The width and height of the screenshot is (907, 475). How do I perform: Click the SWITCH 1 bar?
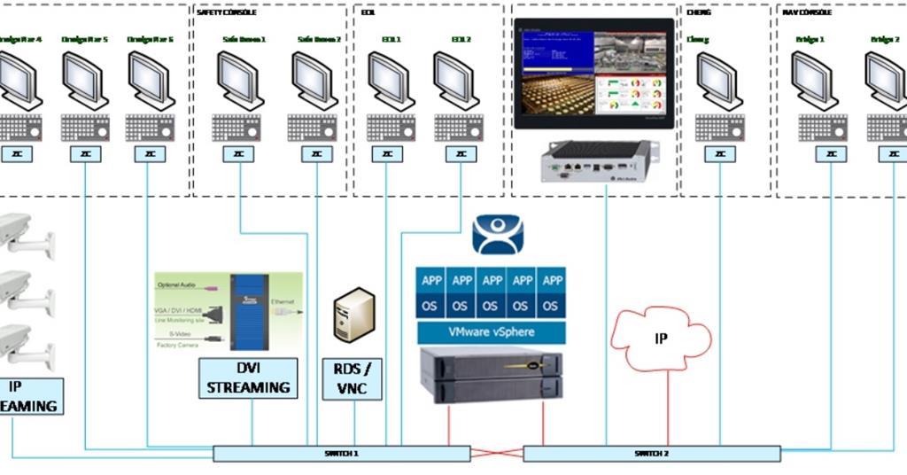(341, 454)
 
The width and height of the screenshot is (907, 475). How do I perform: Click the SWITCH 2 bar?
(652, 454)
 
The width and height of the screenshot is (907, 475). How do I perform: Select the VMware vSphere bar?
(490, 333)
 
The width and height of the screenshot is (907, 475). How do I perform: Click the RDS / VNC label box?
(352, 378)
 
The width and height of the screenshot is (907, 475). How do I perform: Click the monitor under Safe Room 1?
(240, 80)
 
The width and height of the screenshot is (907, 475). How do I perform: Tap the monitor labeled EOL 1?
(391, 80)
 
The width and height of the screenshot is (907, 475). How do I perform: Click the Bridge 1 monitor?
(814, 80)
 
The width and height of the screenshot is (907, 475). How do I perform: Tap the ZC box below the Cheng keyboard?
(719, 154)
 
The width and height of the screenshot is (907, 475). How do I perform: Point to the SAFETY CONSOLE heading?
(226, 12)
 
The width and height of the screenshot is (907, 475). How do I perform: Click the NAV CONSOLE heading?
(807, 12)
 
